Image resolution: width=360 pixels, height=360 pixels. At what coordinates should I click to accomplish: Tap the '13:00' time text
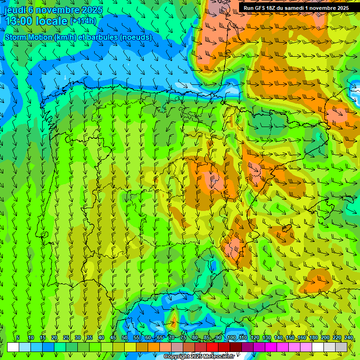18,21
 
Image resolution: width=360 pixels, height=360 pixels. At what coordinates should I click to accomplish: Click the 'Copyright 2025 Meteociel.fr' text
199,357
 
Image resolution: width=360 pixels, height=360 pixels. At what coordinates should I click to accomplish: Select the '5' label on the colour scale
18,337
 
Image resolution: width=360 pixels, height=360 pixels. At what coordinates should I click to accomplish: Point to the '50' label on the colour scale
124,337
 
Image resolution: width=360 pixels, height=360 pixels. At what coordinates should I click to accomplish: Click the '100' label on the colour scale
231,337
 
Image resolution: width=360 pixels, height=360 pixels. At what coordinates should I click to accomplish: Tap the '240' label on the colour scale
349,337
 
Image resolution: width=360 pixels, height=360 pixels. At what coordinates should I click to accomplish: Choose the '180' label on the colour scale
313,337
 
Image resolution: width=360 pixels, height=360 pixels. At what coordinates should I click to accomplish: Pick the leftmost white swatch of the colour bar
13,347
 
